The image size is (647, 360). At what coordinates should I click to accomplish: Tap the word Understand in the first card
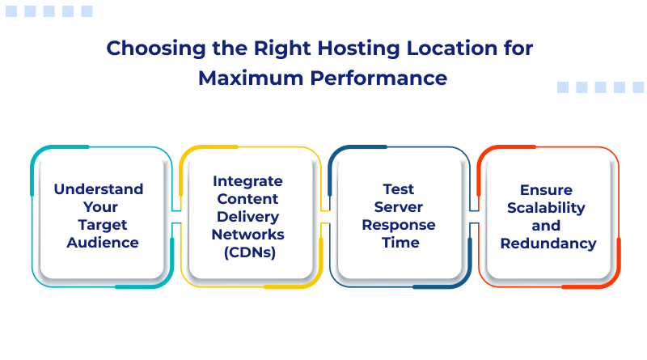99,189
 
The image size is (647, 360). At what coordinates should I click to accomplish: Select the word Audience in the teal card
103,243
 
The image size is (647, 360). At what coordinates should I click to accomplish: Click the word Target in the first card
103,225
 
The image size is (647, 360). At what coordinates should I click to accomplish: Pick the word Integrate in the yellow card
247,180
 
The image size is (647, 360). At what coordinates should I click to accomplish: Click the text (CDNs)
247,252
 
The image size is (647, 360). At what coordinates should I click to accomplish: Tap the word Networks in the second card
247,234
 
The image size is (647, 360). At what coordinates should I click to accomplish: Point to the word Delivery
247,216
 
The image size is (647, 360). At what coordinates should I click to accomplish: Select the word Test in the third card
399,189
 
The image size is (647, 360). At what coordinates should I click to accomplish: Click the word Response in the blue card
399,225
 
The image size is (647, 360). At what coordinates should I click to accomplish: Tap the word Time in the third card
400,243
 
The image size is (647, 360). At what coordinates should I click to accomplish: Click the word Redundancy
548,244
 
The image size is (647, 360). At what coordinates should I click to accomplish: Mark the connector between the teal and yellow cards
176,217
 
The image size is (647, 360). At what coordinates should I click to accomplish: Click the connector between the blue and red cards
474,217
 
